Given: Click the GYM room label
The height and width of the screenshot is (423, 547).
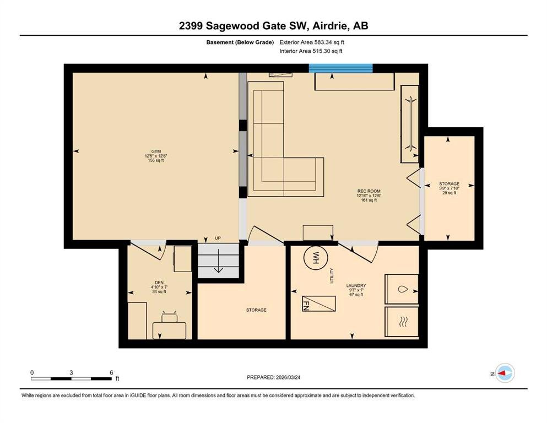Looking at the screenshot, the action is pos(156,151).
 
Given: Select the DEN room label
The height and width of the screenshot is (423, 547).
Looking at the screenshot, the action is pos(159,283).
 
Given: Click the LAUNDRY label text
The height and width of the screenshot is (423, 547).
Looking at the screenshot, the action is pos(356,285).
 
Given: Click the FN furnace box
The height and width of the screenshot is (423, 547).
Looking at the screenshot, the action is pos(319,303).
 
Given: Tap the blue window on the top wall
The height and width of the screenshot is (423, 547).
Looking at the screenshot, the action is pos(341,68).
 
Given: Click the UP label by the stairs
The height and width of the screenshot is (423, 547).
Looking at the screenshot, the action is pos(218,238).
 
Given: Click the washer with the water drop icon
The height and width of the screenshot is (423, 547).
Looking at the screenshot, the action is pos(402,289).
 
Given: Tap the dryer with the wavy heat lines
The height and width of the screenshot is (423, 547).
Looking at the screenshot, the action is pos(402,322).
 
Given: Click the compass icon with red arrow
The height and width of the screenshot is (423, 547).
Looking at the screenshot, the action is pos(505,373).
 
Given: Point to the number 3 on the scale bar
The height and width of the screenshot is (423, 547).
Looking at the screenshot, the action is pos(71,372).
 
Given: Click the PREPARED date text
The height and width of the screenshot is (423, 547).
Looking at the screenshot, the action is pos(273,377).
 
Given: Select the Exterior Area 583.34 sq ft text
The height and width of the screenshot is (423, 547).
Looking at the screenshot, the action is pos(312,42).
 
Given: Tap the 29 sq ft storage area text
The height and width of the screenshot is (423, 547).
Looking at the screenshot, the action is pos(449,192).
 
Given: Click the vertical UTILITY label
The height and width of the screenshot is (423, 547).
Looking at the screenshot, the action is pos(332,275).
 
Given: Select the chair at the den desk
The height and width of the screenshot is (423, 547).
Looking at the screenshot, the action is pos(170,317).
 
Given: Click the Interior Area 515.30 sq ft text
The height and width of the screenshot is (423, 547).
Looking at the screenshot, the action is pos(311,51).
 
